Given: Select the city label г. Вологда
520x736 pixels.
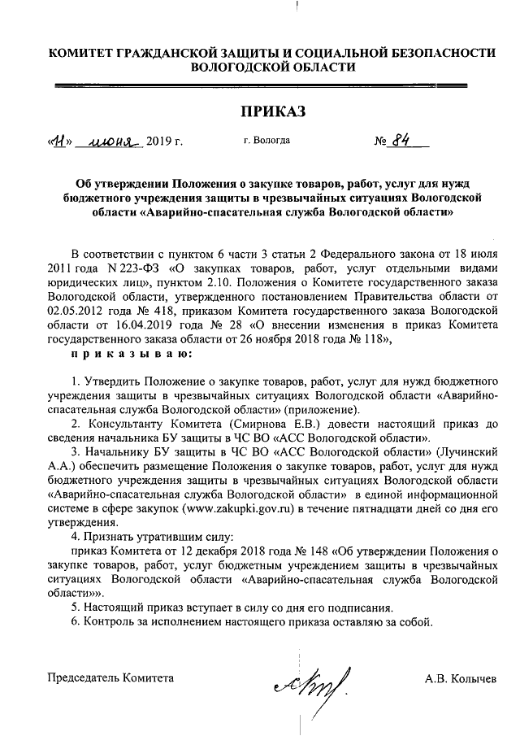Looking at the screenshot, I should (x=267, y=142).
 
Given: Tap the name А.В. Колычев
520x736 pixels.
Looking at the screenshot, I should (x=460, y=678).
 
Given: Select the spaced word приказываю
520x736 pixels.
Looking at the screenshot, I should (x=132, y=355).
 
